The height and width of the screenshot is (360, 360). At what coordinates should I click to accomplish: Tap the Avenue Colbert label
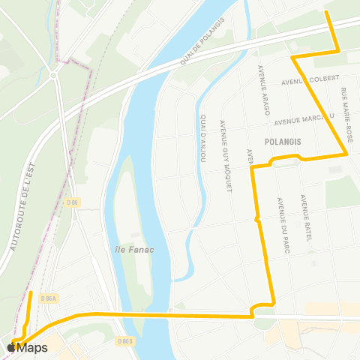(310, 80)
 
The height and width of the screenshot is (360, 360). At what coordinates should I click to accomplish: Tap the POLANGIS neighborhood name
(282, 140)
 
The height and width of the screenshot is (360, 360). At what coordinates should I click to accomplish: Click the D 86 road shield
(72, 202)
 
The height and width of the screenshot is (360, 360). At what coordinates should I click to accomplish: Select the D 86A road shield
(49, 298)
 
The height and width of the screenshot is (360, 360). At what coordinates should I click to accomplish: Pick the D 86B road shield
(125, 341)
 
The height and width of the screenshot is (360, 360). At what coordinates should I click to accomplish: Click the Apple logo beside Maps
(11, 347)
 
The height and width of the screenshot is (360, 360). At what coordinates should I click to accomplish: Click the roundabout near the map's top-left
(54, 75)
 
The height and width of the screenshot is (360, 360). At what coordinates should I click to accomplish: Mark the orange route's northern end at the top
(326, 13)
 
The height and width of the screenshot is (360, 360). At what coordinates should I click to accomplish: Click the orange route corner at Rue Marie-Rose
(346, 154)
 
